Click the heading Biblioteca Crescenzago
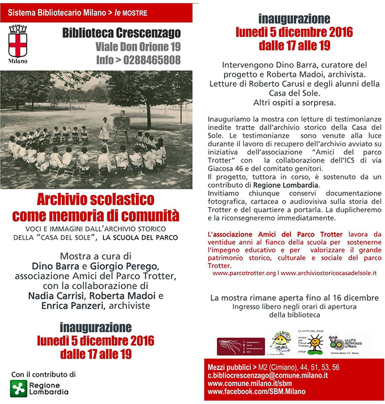[122, 33]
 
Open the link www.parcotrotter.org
[243, 272]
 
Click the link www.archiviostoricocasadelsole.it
[328, 272]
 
